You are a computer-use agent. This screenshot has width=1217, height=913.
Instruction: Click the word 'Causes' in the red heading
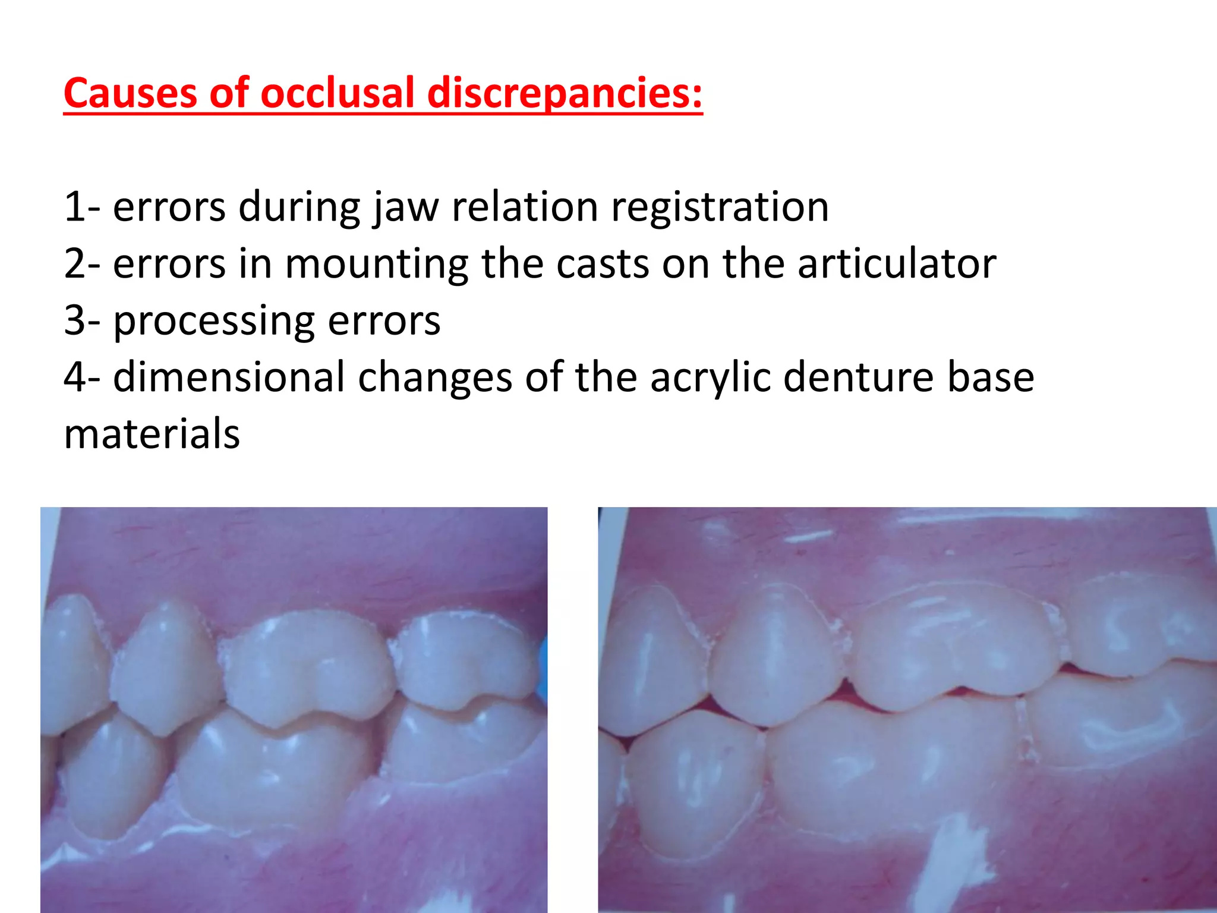[x=130, y=93]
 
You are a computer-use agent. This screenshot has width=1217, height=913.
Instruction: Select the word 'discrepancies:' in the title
[x=565, y=95]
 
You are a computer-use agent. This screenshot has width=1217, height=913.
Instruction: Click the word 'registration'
[x=720, y=208]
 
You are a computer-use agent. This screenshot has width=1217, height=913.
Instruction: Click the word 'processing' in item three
[x=214, y=322]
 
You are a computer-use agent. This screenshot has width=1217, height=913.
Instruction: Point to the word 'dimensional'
[x=229, y=377]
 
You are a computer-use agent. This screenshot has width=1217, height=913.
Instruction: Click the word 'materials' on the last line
[x=152, y=433]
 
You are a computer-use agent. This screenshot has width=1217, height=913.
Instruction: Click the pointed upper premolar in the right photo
[x=775, y=654]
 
